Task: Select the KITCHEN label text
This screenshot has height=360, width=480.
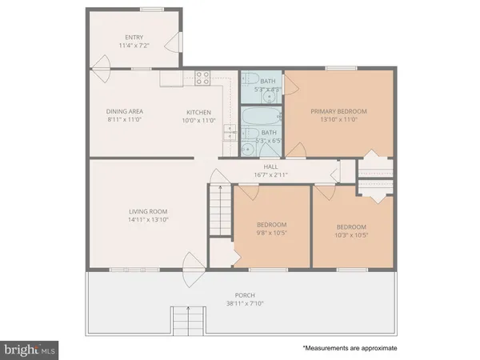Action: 198,111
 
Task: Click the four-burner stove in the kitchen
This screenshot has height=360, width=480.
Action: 202,78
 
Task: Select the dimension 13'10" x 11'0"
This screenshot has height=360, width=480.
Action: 339,120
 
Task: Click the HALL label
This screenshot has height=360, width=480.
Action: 270,166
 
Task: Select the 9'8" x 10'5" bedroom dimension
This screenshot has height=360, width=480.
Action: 271,233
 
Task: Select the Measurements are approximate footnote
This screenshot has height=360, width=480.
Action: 349,349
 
